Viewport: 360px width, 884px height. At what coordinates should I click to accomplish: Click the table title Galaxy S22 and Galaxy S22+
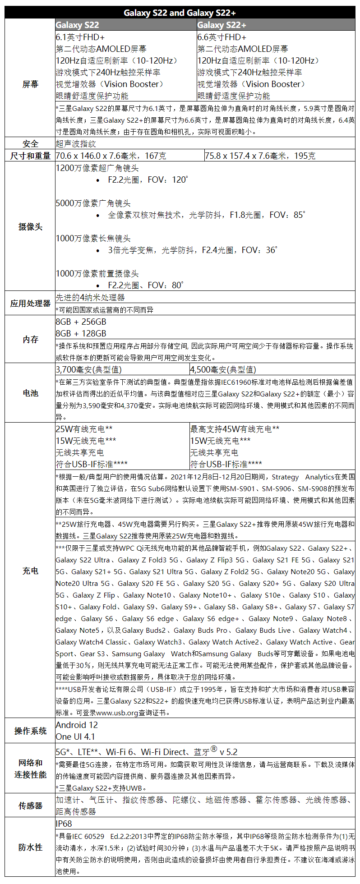point(180,13)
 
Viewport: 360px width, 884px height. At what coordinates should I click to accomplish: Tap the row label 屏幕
point(30,84)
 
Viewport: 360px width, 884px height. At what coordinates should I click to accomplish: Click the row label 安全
point(30,144)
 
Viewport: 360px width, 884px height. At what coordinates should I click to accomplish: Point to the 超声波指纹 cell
point(76,144)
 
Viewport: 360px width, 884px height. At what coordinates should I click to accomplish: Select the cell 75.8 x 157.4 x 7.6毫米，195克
point(260,156)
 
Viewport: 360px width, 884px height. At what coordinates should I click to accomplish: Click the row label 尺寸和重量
point(30,156)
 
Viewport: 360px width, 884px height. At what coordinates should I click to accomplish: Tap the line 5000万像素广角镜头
point(93,203)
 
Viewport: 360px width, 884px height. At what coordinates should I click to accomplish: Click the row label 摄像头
point(30,226)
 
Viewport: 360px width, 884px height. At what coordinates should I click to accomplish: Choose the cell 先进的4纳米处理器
point(90,297)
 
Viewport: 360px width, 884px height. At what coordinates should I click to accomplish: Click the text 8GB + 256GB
point(81,322)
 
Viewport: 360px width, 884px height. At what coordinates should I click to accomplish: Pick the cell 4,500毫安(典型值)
point(223,369)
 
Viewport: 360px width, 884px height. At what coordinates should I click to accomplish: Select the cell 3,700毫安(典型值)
point(88,369)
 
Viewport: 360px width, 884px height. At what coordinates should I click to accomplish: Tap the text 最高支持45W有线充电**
point(235,429)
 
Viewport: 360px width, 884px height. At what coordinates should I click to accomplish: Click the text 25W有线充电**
point(84,429)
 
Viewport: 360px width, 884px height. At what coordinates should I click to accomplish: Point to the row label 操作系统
point(30,731)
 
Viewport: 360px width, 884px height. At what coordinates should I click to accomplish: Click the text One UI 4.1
point(75,737)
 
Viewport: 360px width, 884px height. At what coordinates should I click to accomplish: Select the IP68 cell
point(64,823)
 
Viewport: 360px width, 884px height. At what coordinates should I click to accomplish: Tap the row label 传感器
point(30,806)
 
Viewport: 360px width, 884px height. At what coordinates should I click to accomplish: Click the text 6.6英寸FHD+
point(222,37)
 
